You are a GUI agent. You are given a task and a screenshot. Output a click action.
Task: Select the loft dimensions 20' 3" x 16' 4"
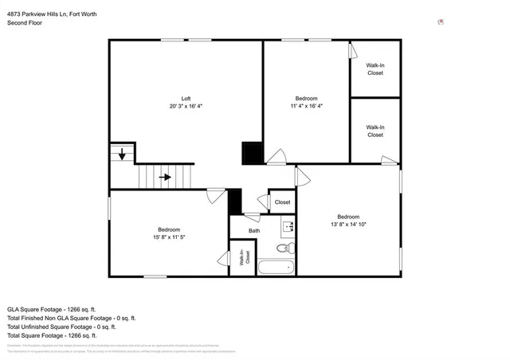[x=186, y=105]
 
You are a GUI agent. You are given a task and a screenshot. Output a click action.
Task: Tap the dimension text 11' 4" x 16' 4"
[x=306, y=105]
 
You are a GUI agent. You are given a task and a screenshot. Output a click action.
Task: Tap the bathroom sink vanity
[x=290, y=226]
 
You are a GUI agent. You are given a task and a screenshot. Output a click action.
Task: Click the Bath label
[x=254, y=231]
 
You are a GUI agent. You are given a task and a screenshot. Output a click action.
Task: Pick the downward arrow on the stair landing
[x=122, y=155]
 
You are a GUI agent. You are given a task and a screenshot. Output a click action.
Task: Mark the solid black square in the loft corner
[x=253, y=152]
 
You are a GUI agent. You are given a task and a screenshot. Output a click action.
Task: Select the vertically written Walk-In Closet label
[x=246, y=257]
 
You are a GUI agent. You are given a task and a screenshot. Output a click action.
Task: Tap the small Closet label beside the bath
[x=283, y=202]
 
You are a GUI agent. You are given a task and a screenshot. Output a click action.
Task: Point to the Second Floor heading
[x=25, y=24]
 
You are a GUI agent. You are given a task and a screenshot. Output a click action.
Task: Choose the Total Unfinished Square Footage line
[x=61, y=327]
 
